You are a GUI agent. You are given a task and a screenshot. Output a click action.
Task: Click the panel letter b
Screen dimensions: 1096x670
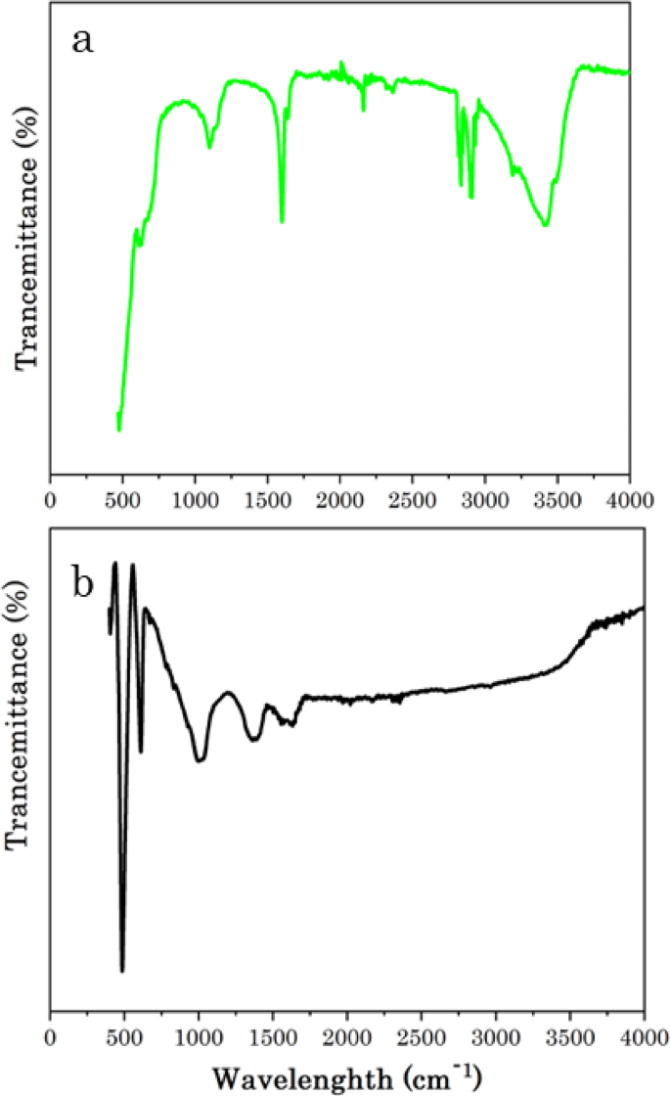pos(85,583)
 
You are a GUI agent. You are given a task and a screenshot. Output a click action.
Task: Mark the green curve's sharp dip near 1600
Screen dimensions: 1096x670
pos(282,222)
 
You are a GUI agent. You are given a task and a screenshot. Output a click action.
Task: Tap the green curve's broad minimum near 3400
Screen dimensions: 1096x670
pos(545,226)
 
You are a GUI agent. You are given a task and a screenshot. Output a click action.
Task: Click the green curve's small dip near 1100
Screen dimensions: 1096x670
pos(209,148)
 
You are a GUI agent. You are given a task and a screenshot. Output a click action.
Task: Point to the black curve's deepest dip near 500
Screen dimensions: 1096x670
pos(122,972)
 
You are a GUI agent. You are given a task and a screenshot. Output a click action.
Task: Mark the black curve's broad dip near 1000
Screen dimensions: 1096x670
pos(201,760)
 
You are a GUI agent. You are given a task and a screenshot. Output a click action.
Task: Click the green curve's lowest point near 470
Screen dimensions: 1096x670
pos(119,430)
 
